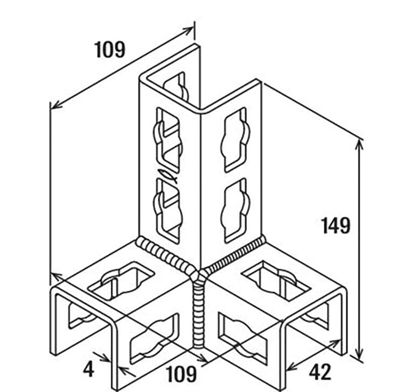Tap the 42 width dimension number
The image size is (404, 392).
(320, 372)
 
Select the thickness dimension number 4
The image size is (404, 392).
(89, 369)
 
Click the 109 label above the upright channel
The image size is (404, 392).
(110, 49)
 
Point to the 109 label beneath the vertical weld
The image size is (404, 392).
(182, 374)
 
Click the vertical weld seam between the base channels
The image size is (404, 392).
(198, 316)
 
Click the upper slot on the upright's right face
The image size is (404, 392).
(235, 140)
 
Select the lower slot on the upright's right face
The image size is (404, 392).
(235, 211)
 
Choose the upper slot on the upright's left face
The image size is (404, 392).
(169, 140)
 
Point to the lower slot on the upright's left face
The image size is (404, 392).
(169, 211)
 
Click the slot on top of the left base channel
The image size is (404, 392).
(121, 281)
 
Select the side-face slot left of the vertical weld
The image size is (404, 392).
(154, 339)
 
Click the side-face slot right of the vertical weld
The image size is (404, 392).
(243, 338)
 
